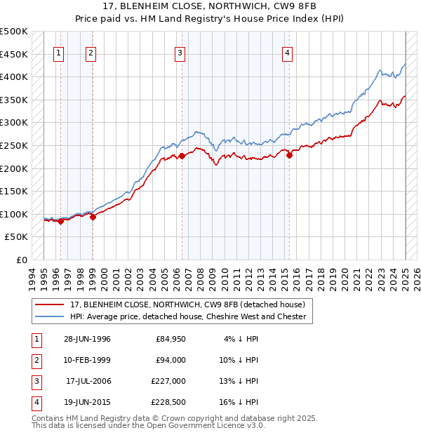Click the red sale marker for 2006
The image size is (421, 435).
182,156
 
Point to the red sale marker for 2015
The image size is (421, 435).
289,155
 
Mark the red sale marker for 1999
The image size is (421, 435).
93,217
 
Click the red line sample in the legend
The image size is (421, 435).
49,305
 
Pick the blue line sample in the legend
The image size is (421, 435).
49,316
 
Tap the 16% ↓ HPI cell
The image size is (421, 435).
238,402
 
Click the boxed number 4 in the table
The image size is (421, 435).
35,402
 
